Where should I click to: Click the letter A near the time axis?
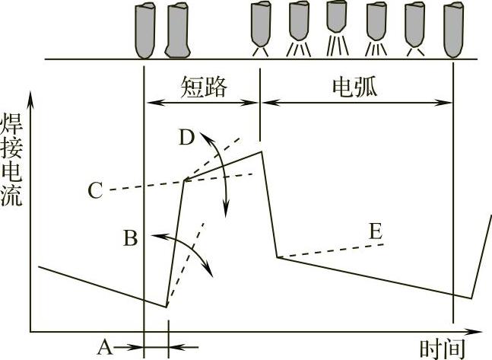pos(105,347)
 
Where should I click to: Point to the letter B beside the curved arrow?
pos(130,238)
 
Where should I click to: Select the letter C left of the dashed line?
pos(94,190)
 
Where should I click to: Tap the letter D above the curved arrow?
pos(187,138)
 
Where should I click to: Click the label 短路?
pos(204,87)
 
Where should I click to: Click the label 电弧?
pos(355,87)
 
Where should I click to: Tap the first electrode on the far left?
pos(144,30)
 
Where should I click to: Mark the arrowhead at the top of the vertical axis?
pos(30,97)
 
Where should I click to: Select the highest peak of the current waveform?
pos(262,151)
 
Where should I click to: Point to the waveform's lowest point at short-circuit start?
pos(167,306)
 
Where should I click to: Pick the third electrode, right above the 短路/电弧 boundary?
pos(261,24)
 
